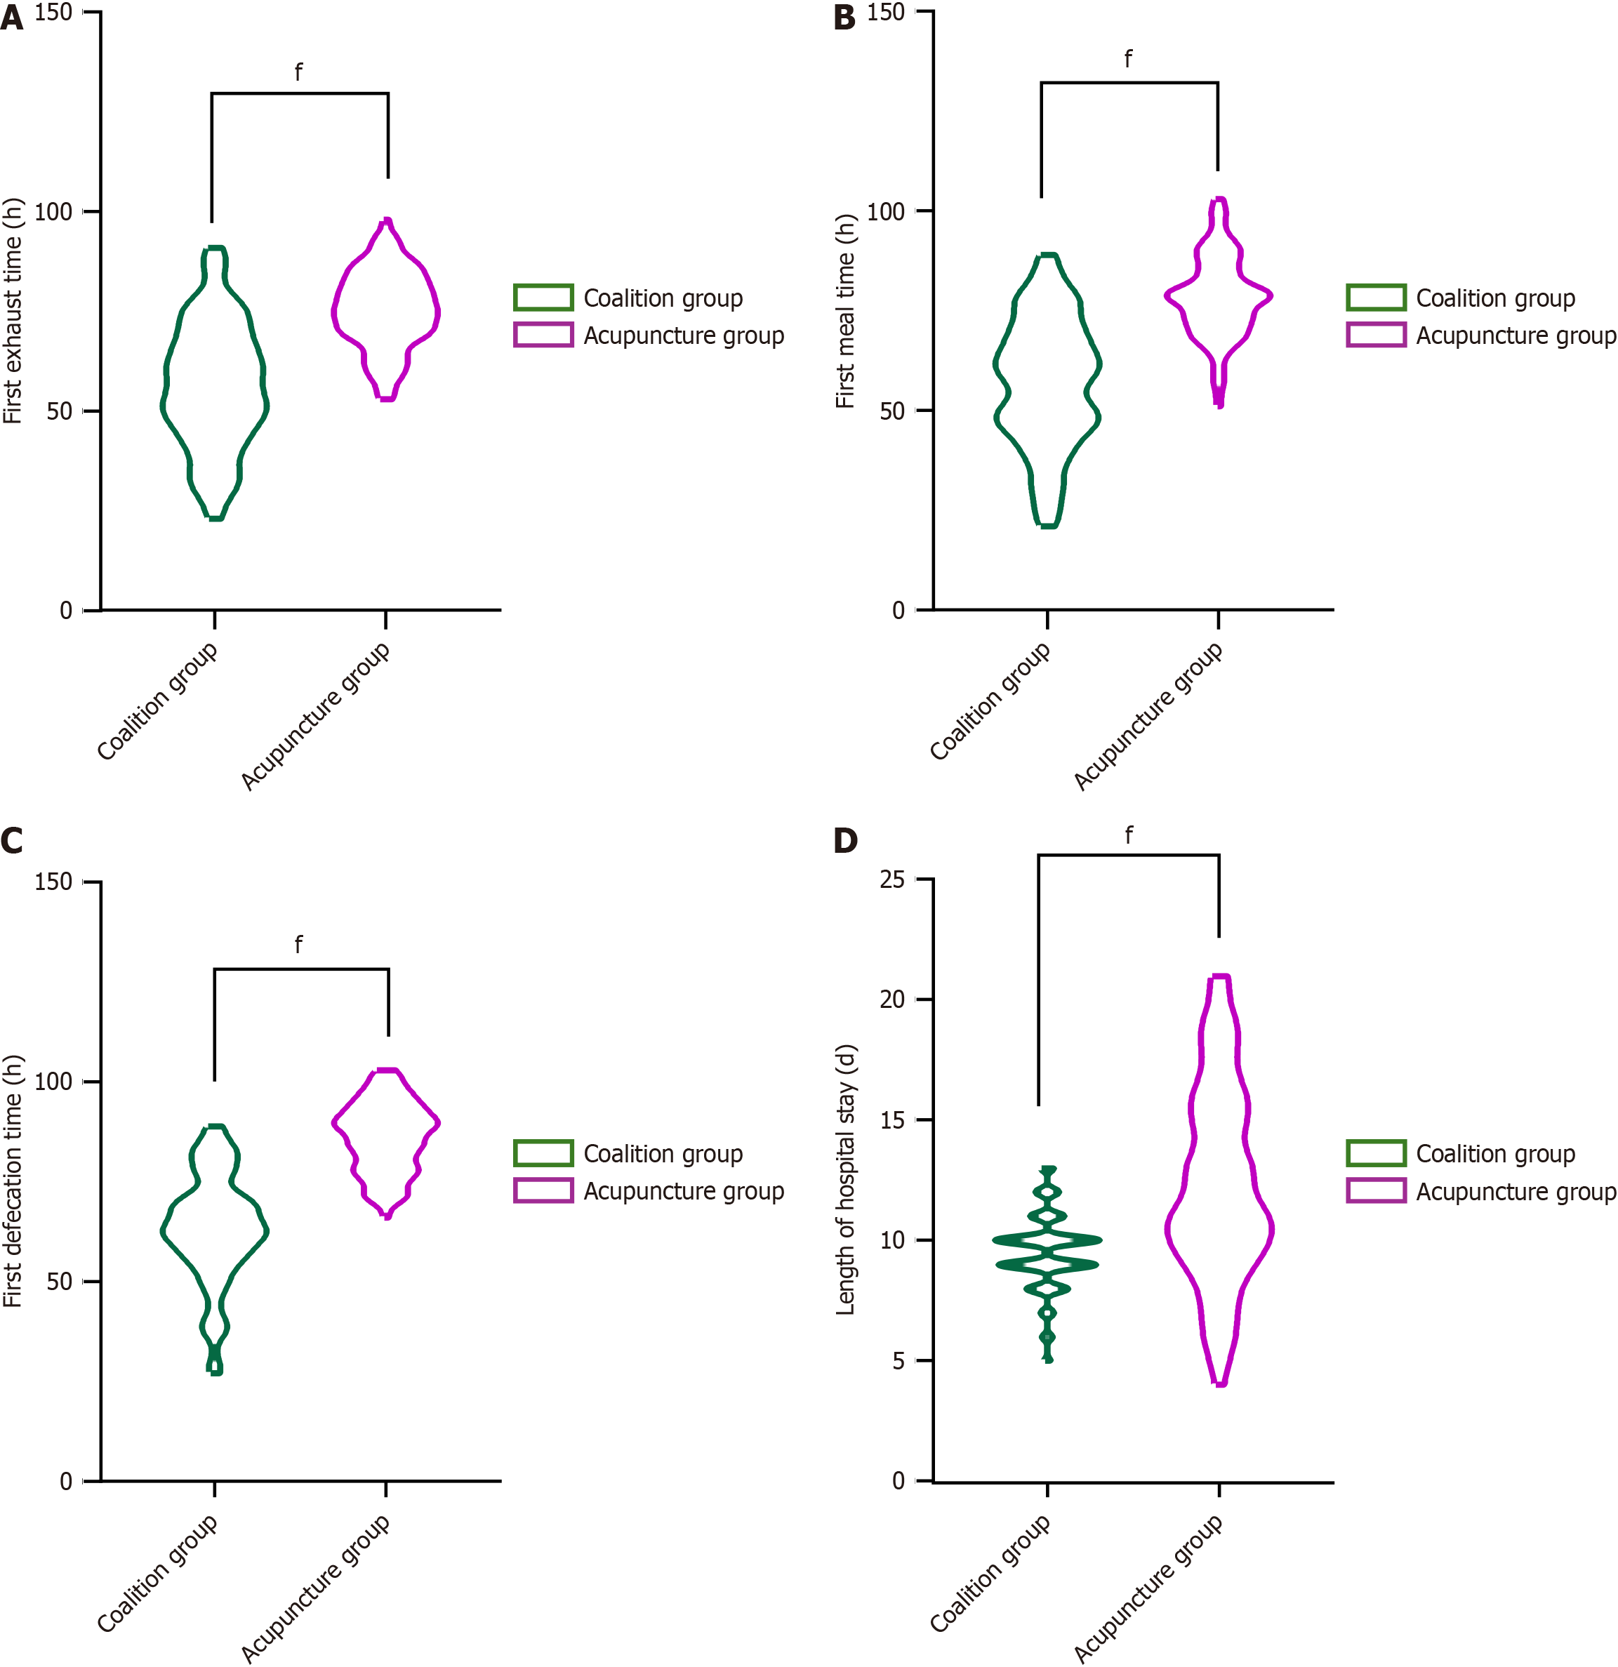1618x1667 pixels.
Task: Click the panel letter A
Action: pyautogui.click(x=12, y=18)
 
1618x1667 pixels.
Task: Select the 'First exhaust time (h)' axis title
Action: pyautogui.click(x=13, y=311)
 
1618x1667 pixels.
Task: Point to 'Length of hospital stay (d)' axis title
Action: pyautogui.click(x=846, y=1180)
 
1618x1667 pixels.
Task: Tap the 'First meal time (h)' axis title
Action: pyautogui.click(x=846, y=311)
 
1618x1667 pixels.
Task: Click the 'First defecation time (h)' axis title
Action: pyautogui.click(x=13, y=1181)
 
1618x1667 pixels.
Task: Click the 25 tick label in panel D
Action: pyautogui.click(x=891, y=879)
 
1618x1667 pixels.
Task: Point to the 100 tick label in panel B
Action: pyautogui.click(x=886, y=212)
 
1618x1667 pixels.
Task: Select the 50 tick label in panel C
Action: pyautogui.click(x=60, y=1282)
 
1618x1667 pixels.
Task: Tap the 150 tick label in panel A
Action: pyautogui.click(x=53, y=13)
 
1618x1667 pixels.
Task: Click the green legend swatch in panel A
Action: pyautogui.click(x=543, y=298)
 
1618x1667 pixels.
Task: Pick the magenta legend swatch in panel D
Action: pyautogui.click(x=1376, y=1190)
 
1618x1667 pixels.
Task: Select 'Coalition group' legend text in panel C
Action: pyautogui.click(x=663, y=1154)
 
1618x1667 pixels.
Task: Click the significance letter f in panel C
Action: pyautogui.click(x=298, y=945)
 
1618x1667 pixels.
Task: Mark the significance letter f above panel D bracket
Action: pyautogui.click(x=1129, y=835)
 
